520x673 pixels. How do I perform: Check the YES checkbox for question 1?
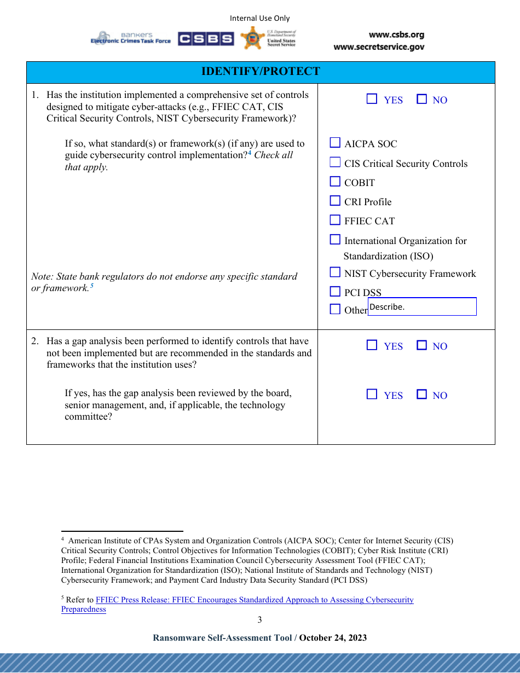[372, 99]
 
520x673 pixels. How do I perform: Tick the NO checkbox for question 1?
[421, 99]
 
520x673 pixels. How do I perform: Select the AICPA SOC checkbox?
[335, 143]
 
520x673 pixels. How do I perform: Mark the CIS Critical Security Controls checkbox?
[335, 163]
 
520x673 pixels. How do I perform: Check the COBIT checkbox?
[335, 182]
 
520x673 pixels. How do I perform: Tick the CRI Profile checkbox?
[335, 201]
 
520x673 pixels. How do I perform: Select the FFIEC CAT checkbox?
[335, 220]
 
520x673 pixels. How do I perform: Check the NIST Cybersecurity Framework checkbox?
[335, 272]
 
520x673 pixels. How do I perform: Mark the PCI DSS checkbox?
[335, 292]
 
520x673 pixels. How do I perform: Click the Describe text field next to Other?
[421, 306]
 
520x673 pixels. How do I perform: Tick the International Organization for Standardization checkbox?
[335, 240]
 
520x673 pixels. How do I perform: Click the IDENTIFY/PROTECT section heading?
[261, 72]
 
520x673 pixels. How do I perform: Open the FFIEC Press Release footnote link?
[255, 600]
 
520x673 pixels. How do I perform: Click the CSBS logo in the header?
[206, 39]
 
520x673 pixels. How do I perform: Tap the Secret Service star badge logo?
[252, 38]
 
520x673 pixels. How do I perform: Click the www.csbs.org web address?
[396, 35]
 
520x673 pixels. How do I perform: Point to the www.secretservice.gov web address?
[379, 47]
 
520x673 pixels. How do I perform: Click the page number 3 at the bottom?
[259, 619]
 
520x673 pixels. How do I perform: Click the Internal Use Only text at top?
[259, 19]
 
